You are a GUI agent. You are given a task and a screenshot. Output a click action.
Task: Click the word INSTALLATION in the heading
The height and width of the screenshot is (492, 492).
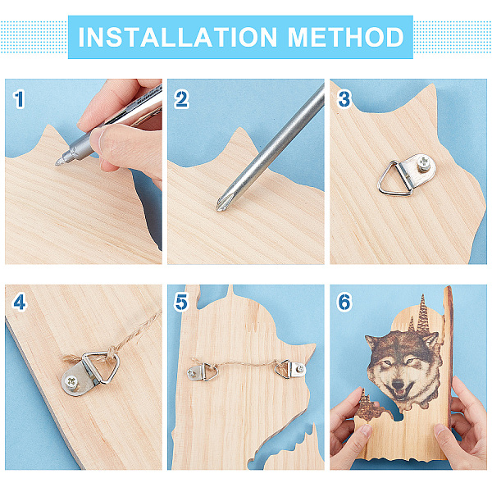(178, 37)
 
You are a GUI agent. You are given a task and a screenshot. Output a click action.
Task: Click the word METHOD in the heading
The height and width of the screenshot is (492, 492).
(346, 37)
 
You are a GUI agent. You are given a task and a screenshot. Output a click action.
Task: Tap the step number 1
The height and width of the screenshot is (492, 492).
(19, 99)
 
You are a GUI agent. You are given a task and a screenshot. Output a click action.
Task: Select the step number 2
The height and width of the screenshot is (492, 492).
(182, 99)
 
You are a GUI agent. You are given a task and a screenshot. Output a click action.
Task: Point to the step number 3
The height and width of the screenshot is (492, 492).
(344, 99)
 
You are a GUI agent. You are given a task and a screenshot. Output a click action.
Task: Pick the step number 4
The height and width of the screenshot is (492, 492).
(19, 303)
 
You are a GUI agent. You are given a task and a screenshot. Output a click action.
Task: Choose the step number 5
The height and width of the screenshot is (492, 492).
(182, 303)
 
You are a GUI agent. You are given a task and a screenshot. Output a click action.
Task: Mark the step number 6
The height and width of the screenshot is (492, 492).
(344, 303)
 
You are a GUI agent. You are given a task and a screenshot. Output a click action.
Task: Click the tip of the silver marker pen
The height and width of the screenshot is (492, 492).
(57, 163)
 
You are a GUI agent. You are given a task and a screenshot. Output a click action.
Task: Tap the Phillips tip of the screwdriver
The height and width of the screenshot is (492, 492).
(220, 206)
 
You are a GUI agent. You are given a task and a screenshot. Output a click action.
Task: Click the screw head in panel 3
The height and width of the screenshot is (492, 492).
(424, 164)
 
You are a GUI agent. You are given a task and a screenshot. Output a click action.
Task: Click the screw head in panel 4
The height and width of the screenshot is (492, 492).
(72, 382)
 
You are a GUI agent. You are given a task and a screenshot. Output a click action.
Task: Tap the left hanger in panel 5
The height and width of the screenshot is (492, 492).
(203, 371)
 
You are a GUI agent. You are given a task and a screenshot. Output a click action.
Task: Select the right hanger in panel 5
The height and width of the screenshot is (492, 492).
(290, 369)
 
